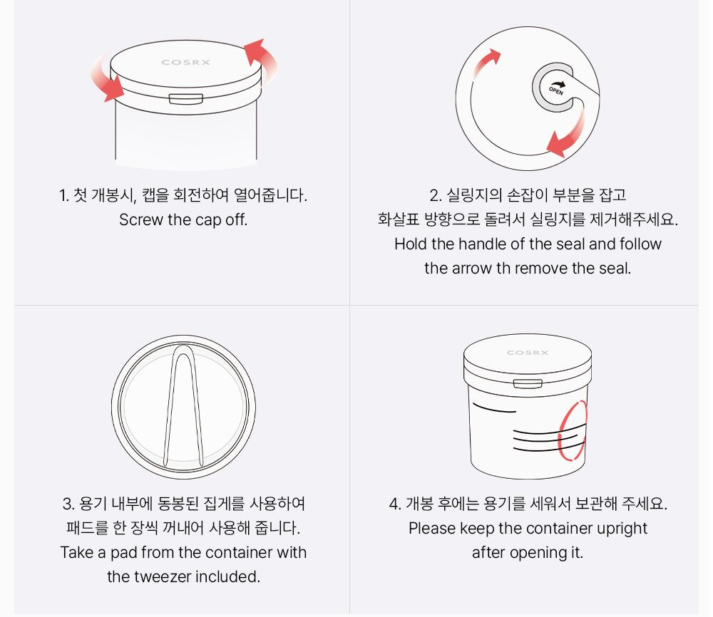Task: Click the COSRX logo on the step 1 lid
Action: point(185,62)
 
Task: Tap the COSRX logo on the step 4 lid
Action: point(528,353)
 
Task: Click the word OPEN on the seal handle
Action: point(555,91)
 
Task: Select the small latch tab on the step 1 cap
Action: point(186,98)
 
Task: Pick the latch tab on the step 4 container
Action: point(528,383)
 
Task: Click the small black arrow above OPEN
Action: point(559,85)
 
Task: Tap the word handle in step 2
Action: point(482,244)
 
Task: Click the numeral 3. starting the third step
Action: point(68,504)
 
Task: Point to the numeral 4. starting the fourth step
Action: point(395,504)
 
